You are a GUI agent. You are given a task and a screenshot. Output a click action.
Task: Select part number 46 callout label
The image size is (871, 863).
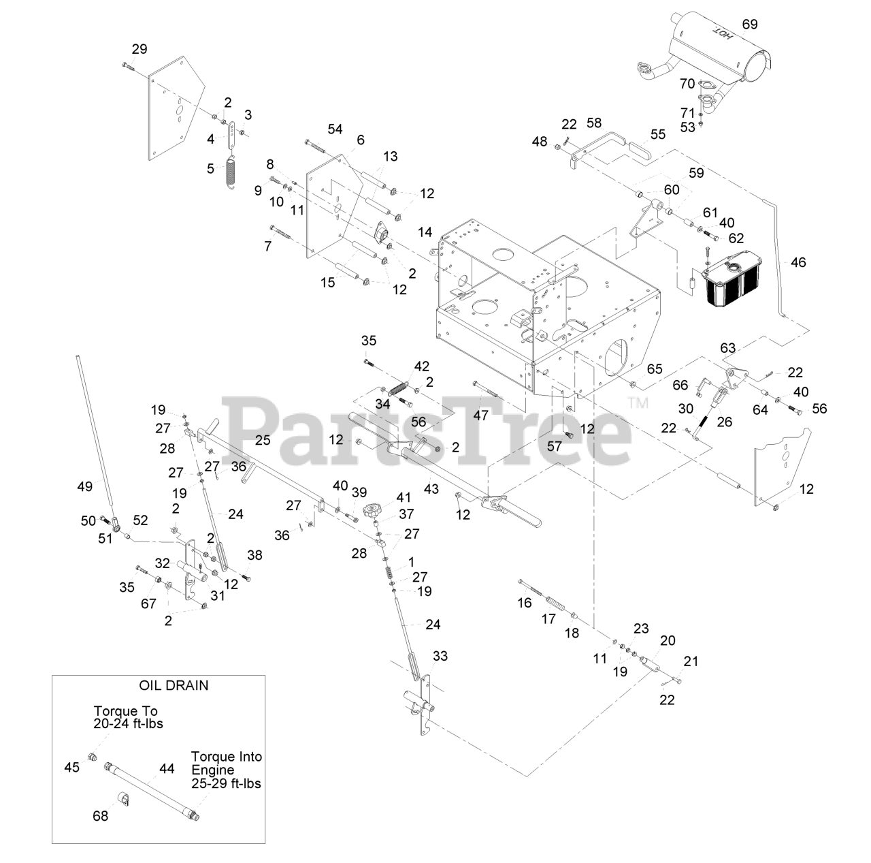click(798, 262)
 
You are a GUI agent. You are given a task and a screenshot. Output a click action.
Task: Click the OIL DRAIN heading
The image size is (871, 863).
click(174, 685)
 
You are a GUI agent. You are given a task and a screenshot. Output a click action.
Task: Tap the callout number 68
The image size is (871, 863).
click(100, 815)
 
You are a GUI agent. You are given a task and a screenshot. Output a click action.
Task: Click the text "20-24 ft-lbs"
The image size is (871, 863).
click(129, 724)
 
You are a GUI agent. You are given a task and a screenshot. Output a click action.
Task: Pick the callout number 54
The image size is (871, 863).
click(335, 129)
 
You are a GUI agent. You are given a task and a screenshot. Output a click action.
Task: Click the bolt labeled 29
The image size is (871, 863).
click(129, 65)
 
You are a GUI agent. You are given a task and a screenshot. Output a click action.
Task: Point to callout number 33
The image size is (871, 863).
click(440, 656)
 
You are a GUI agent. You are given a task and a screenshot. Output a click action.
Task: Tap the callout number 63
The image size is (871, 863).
click(728, 348)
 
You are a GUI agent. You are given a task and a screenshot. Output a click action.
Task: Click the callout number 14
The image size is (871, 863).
click(425, 232)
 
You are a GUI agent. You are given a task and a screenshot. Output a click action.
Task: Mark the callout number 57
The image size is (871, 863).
click(555, 445)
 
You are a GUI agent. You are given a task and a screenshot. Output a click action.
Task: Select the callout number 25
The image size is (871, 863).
click(263, 440)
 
